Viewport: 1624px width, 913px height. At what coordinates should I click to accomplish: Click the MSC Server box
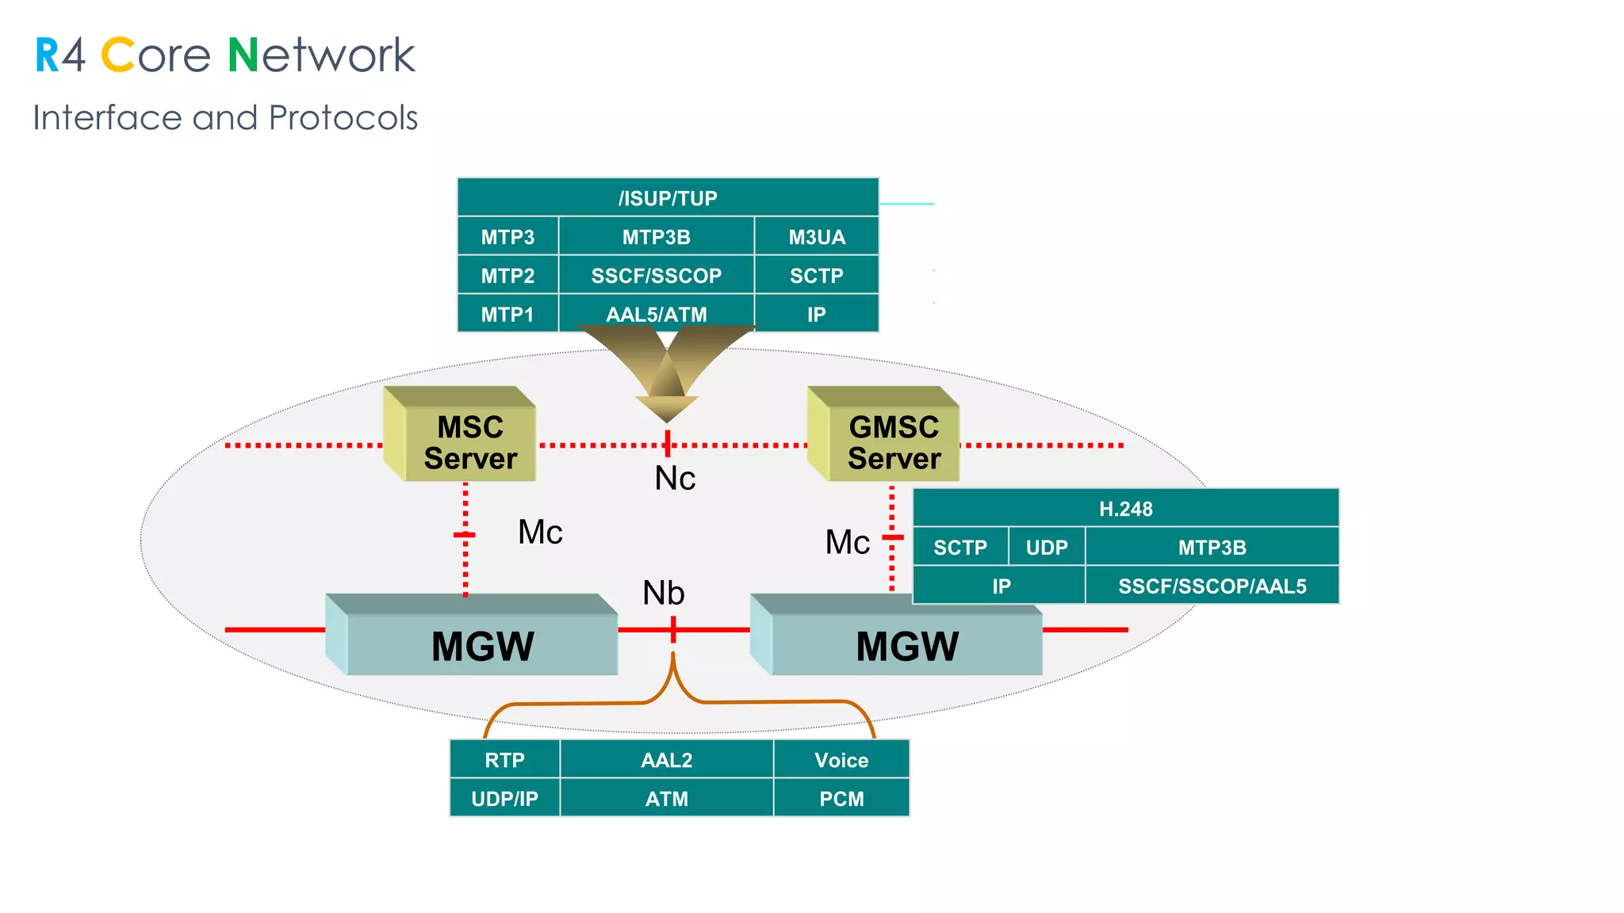(469, 442)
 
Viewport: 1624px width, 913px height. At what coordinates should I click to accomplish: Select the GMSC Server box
(894, 442)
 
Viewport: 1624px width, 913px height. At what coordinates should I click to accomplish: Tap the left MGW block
(482, 645)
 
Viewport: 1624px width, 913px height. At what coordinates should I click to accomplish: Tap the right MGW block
(906, 645)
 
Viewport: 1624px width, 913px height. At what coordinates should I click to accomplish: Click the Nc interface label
(675, 479)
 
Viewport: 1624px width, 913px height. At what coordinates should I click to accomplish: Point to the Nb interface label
(663, 593)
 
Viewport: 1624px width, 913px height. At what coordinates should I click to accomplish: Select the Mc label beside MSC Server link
(540, 532)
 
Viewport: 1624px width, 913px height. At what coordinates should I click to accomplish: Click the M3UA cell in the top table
(816, 237)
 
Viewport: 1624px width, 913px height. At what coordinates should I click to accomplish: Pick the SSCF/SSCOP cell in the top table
(656, 276)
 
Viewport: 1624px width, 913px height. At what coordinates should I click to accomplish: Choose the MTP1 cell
(507, 315)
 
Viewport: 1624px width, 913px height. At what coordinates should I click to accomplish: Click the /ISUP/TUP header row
(668, 198)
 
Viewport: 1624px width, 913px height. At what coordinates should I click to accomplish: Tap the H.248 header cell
(1125, 509)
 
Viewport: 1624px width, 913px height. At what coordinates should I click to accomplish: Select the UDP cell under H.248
(1046, 548)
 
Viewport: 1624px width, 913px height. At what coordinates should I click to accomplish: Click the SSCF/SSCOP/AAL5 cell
(1212, 586)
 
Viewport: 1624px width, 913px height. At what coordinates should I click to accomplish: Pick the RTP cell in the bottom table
(504, 760)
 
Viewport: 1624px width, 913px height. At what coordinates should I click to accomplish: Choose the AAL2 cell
(666, 760)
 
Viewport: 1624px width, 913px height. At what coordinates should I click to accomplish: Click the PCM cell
(841, 799)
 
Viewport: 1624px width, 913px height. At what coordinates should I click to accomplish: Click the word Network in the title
(321, 55)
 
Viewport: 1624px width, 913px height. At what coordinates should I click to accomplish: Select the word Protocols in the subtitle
(343, 118)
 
